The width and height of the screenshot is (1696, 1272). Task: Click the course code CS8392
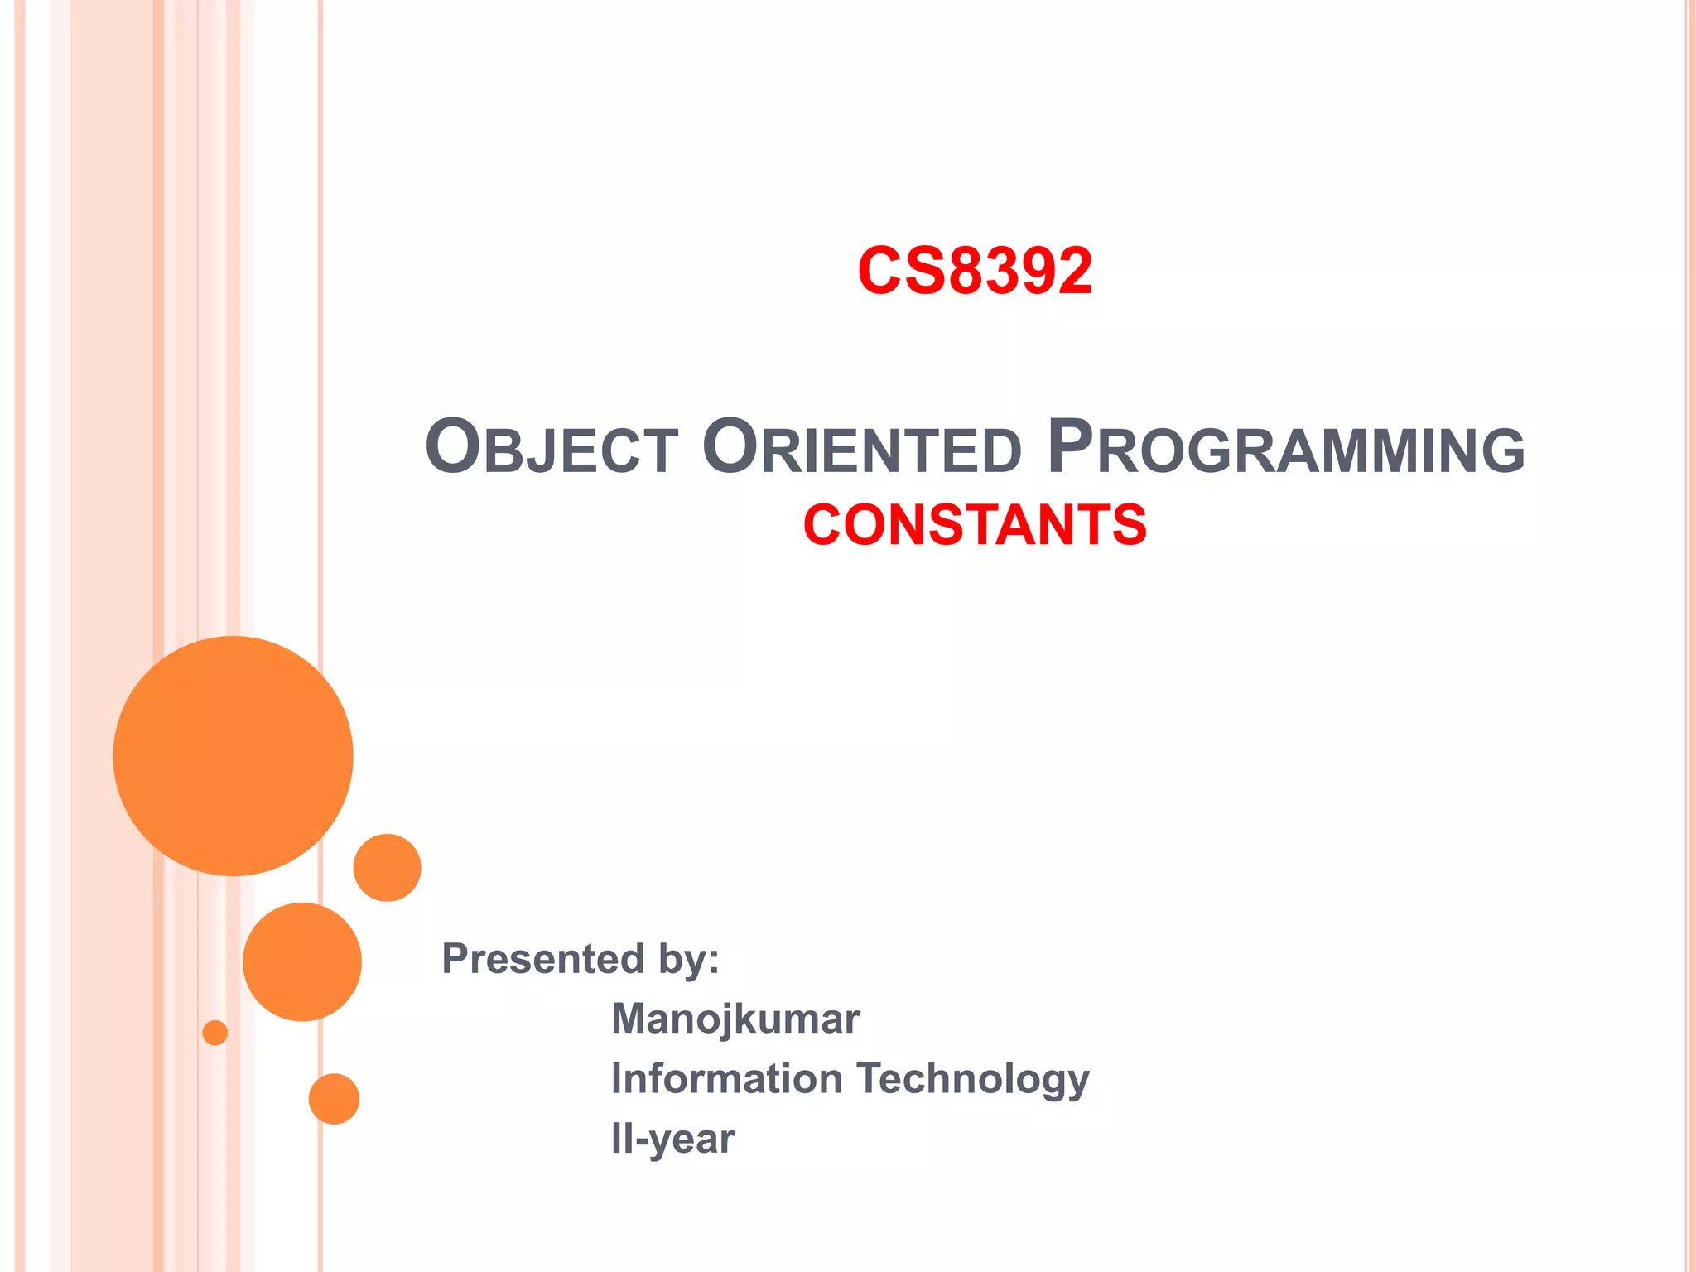(975, 271)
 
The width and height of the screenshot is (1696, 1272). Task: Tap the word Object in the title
(552, 448)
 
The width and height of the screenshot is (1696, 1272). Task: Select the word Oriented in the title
(861, 448)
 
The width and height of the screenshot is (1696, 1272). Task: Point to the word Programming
(1285, 448)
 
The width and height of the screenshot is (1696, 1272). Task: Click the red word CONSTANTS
(975, 525)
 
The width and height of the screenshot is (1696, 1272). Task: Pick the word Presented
(542, 959)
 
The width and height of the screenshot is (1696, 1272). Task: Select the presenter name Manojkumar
(735, 1019)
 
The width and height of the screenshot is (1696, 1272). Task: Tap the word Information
(727, 1079)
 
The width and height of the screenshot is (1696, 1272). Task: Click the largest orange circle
(233, 755)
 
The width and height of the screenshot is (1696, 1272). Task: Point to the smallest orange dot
(215, 1033)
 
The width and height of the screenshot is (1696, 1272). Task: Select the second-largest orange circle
(302, 961)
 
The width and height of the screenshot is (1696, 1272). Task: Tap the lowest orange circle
(334, 1099)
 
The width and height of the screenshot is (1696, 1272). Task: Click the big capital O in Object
(453, 446)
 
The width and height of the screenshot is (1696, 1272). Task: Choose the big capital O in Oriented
(730, 446)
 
